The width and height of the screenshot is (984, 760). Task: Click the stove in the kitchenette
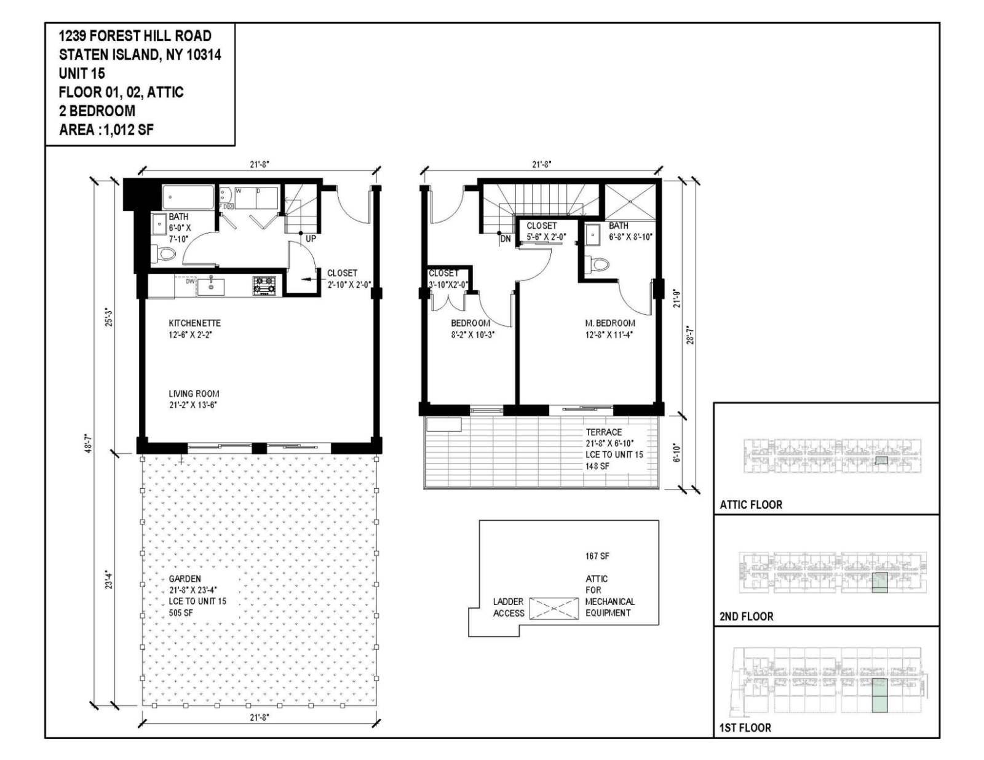[264, 286]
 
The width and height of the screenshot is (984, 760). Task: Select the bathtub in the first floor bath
[188, 198]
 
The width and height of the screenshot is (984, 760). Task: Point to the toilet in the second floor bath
[597, 264]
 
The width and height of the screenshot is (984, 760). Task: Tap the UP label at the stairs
[311, 239]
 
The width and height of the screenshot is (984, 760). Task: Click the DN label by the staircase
[506, 239]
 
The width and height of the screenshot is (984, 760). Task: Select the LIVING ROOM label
[194, 394]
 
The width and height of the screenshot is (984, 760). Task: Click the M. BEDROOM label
[609, 323]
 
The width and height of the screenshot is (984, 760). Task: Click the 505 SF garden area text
[181, 612]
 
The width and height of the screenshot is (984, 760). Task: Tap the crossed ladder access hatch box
[553, 608]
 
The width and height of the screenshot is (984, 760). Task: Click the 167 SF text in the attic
[597, 556]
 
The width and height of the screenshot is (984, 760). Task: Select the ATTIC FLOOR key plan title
[751, 505]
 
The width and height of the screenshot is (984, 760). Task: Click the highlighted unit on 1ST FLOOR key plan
[879, 695]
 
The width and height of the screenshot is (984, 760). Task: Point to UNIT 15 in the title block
[82, 73]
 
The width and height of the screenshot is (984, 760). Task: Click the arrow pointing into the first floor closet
[309, 280]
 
